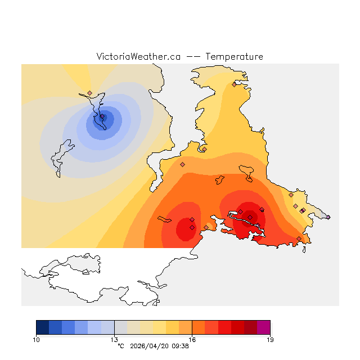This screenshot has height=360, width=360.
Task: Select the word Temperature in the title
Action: coord(234,57)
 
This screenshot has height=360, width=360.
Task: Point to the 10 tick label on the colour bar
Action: coord(36,340)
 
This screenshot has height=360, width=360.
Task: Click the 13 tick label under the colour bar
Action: coord(114,340)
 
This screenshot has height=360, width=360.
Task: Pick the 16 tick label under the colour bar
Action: coord(192,340)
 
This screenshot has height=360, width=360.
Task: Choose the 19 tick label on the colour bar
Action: coord(270,340)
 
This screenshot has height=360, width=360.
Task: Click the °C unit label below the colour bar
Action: coord(120,346)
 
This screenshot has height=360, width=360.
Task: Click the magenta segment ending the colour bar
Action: coord(263,327)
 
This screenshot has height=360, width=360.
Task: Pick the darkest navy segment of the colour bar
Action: coord(42,327)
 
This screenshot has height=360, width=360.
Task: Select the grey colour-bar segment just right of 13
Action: coord(120,327)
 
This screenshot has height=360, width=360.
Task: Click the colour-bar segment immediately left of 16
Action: coord(185,327)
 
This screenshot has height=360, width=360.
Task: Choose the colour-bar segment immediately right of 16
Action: coord(199,327)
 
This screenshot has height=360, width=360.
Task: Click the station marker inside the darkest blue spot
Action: coord(102,117)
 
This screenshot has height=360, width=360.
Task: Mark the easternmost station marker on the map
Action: coord(328,217)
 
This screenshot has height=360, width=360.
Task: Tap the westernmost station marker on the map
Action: coord(89,93)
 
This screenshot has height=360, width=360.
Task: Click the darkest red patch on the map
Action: coord(250,217)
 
